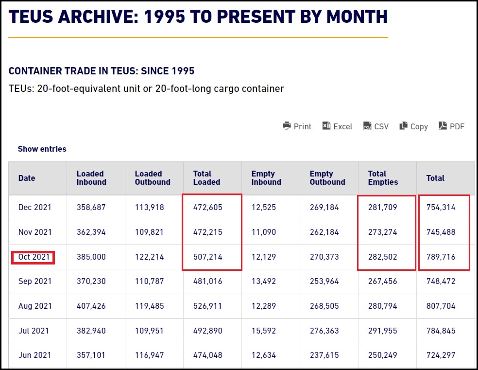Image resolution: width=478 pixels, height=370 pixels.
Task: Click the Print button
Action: (297, 126)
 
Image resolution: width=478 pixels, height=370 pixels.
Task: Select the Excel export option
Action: (337, 126)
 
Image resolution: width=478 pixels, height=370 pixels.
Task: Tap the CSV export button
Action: (376, 126)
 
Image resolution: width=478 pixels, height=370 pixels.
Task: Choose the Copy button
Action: (413, 126)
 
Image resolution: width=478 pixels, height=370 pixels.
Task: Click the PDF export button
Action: (451, 126)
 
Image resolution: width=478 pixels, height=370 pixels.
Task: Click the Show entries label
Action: (42, 149)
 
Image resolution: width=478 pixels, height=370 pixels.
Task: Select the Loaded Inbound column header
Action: (91, 178)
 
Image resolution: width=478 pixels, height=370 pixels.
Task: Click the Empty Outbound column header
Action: (327, 178)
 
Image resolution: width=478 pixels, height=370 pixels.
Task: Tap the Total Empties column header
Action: (383, 178)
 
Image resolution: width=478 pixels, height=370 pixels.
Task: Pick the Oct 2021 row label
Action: (34, 257)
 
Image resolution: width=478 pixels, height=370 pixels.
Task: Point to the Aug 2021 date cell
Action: (34, 306)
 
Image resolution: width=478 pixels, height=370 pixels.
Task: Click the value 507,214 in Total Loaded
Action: (207, 257)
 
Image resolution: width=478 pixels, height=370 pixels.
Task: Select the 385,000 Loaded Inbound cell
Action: (91, 257)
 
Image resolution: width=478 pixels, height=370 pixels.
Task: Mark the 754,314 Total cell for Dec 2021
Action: (441, 208)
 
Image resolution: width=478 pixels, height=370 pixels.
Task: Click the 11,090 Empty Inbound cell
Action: (264, 232)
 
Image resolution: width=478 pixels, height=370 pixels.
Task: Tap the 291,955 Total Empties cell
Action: (382, 331)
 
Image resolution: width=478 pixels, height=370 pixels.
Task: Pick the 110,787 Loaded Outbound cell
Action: (150, 282)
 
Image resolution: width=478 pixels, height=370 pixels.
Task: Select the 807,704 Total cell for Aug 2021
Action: (441, 306)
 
